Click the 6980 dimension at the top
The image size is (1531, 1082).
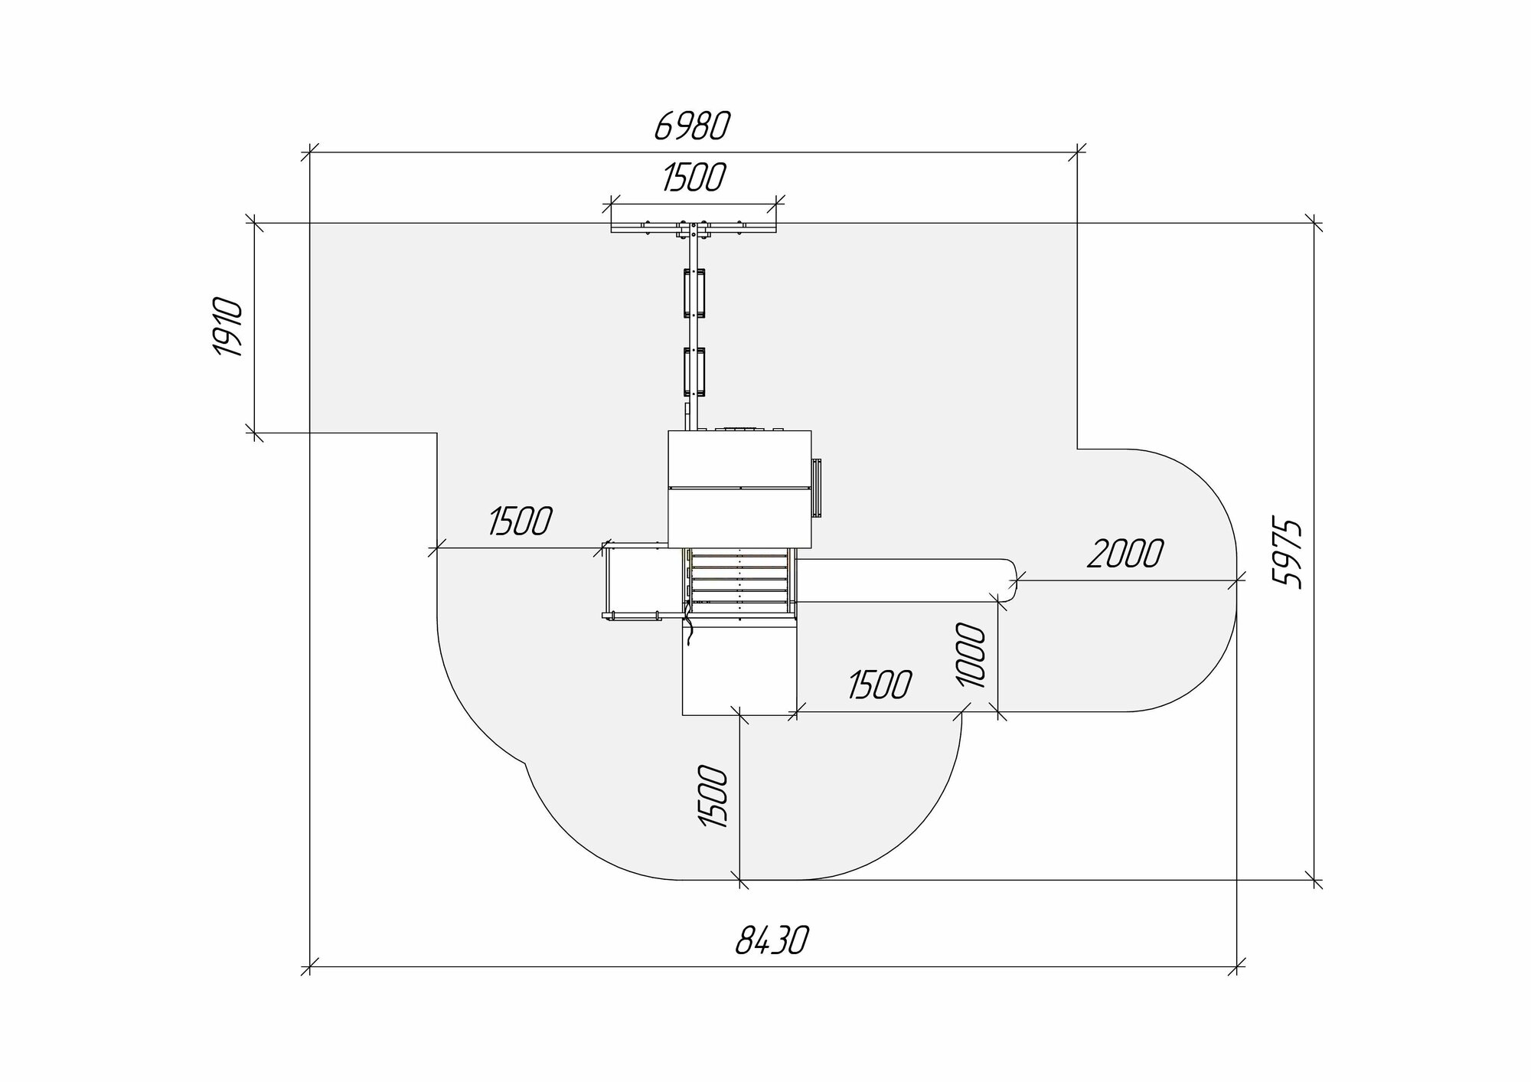(x=692, y=127)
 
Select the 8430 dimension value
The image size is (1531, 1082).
(x=772, y=940)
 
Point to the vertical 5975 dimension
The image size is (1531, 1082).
(x=1289, y=553)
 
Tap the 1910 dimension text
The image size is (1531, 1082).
(x=228, y=328)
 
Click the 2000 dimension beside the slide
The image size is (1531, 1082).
(x=1125, y=553)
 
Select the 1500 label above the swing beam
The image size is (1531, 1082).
(x=694, y=178)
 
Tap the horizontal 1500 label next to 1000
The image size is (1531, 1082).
(x=880, y=685)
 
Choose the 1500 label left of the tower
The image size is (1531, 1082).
(x=520, y=521)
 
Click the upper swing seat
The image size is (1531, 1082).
(x=695, y=292)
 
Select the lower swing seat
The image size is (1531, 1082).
(x=695, y=371)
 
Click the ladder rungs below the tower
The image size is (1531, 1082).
(x=739, y=580)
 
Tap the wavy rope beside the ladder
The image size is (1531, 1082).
(x=689, y=628)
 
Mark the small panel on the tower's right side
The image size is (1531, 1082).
(x=817, y=488)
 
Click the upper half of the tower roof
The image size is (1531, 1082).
(x=739, y=459)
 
